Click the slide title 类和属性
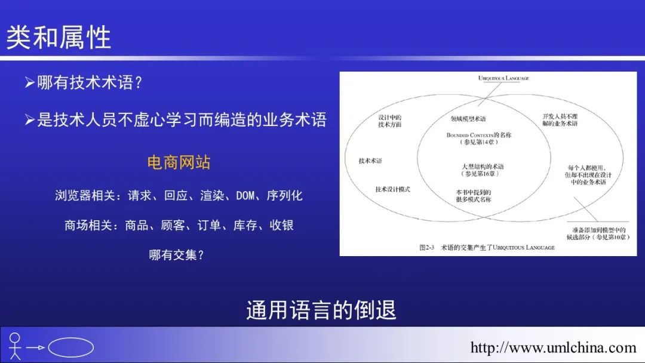point(59,38)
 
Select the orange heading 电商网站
point(179,162)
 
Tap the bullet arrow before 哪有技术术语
point(29,82)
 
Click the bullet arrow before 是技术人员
point(29,119)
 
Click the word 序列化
point(284,195)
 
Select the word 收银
point(281,225)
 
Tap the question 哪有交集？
point(176,255)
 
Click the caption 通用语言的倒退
point(321,310)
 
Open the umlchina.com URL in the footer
point(553,348)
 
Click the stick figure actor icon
point(15,346)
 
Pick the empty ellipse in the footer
point(70,347)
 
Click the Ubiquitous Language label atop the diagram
point(503,78)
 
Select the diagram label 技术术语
point(370,161)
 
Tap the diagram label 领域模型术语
point(468,119)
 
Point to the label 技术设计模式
point(392,189)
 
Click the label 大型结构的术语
point(483,167)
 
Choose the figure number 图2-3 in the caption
point(427,248)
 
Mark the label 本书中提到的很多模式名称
point(474,196)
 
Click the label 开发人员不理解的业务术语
point(560,119)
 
